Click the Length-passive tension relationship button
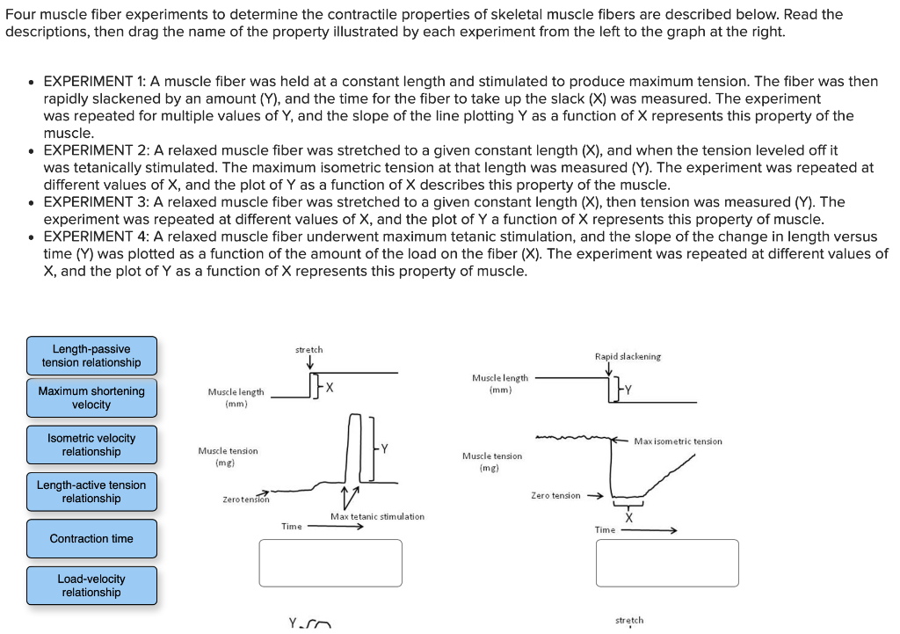tap(91, 356)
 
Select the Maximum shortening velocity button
tap(91, 398)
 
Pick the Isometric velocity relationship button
tap(91, 445)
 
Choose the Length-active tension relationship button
tap(91, 492)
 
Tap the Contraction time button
tap(91, 538)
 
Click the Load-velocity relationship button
tap(91, 586)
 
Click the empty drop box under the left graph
tap(330, 563)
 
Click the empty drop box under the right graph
tap(667, 563)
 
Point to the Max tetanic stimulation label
tap(377, 517)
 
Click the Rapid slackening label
tap(628, 356)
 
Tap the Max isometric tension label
tap(678, 441)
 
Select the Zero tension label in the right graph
tap(555, 496)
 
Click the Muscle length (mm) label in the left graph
tap(236, 397)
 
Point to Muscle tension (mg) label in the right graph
tap(492, 462)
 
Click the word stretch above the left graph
tap(308, 350)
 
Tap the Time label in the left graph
tap(292, 526)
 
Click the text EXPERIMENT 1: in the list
tap(97, 81)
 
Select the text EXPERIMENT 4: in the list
tap(97, 237)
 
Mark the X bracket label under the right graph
tap(628, 518)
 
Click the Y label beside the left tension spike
tap(384, 449)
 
